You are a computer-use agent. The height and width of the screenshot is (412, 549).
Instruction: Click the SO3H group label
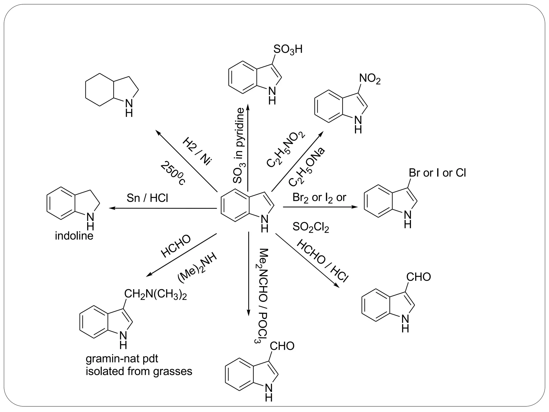[288, 50]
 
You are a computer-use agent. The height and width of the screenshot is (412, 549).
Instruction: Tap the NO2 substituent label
[370, 79]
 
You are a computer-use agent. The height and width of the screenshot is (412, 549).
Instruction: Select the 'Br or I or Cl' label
[437, 173]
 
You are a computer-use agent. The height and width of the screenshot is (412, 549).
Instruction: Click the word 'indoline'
[74, 236]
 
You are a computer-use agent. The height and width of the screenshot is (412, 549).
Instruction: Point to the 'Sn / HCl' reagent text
[147, 198]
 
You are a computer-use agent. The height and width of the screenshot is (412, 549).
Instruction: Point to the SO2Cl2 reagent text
[310, 227]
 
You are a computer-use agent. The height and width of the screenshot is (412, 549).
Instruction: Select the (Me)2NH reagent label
[197, 268]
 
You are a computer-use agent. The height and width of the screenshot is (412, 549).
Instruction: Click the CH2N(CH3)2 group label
[155, 295]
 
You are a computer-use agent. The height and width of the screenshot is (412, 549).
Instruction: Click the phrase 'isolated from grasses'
[139, 371]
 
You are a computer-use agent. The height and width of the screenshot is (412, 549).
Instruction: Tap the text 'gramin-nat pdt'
[122, 359]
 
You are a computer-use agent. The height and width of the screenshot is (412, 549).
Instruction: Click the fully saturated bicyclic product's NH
[129, 107]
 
